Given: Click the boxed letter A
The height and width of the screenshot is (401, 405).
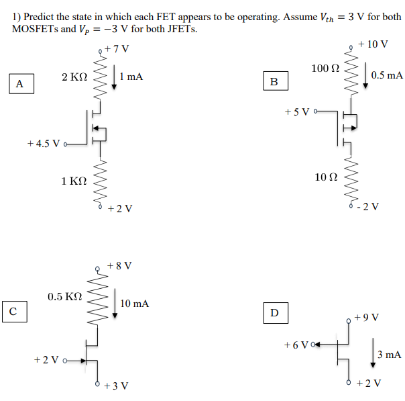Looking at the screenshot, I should tap(19, 84).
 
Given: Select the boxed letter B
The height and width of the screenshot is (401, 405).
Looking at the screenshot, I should tap(274, 82).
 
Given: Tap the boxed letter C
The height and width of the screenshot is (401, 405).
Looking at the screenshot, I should tap(13, 310).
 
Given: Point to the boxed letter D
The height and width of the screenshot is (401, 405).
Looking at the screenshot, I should tap(274, 312).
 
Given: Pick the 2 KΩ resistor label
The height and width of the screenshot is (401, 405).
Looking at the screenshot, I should tap(74, 78).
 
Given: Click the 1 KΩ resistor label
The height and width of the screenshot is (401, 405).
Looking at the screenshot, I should tap(74, 181).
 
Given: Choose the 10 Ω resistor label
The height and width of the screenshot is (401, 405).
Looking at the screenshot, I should tap(326, 177).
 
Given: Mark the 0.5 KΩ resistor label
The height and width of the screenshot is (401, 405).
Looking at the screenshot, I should tap(65, 296).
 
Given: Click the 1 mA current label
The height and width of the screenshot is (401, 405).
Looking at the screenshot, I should tap(131, 77).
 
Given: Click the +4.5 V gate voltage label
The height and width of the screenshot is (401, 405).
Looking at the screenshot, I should tap(44, 143).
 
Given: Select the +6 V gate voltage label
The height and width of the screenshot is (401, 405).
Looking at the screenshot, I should tap(296, 344).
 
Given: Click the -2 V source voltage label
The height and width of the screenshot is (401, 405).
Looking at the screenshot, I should tap(369, 207).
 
